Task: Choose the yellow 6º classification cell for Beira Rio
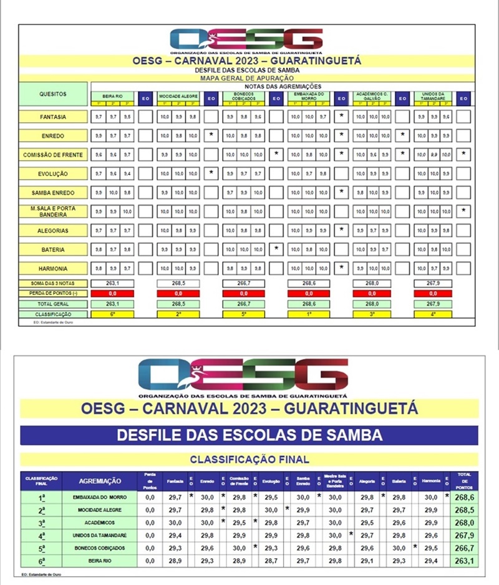point(113,314)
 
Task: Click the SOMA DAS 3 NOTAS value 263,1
point(113,283)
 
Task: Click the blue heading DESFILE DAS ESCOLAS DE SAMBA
point(249,435)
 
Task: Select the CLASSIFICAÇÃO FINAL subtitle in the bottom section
point(249,460)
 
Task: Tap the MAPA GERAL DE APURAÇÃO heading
point(249,79)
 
